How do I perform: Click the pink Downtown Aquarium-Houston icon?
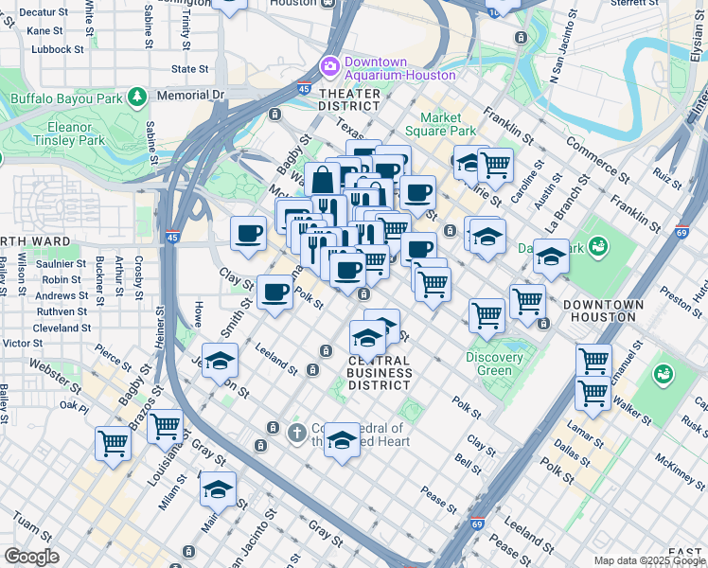pyautogui.click(x=329, y=65)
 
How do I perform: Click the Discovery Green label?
pyautogui.click(x=494, y=364)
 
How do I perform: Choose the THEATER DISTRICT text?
pyautogui.click(x=350, y=99)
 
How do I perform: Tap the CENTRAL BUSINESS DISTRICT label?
pyautogui.click(x=380, y=373)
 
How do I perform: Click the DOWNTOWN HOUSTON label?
pyautogui.click(x=603, y=311)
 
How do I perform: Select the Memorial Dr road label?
pyautogui.click(x=192, y=95)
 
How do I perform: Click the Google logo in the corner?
pyautogui.click(x=31, y=557)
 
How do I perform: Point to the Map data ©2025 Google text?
pyautogui.click(x=648, y=560)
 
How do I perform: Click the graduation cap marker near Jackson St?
pyautogui.click(x=220, y=361)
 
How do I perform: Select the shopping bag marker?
pyautogui.click(x=322, y=178)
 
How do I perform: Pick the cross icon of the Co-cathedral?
pyautogui.click(x=296, y=433)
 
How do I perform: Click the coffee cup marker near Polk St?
pyautogui.click(x=274, y=291)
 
